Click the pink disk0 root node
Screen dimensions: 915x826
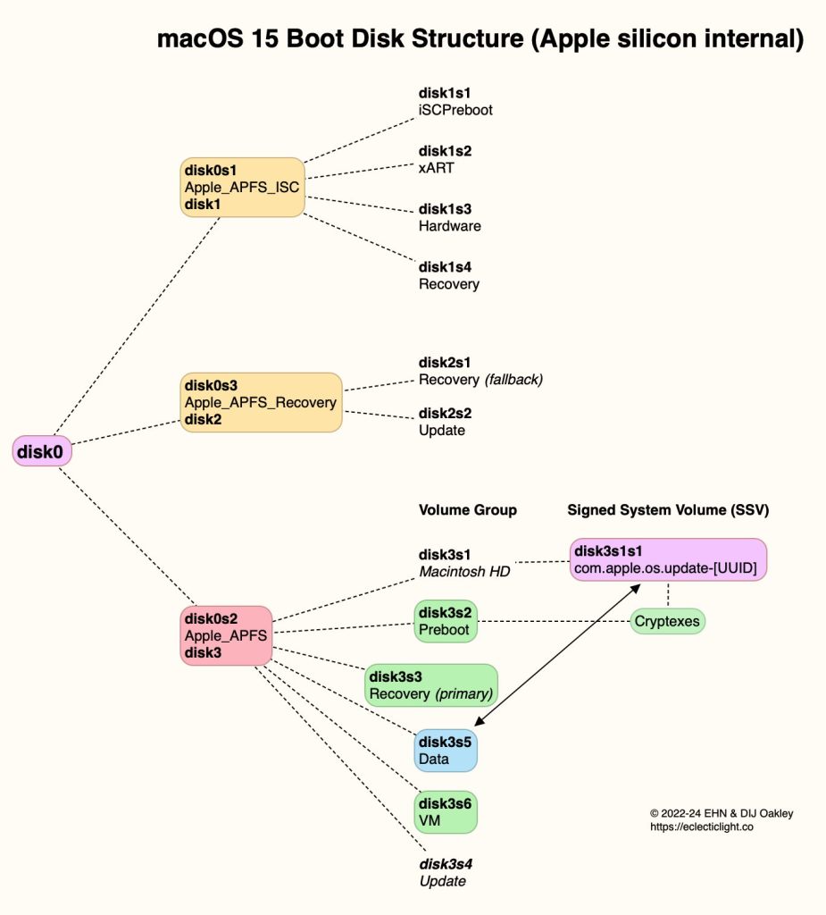(x=42, y=452)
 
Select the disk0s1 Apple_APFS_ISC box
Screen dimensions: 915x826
(x=243, y=187)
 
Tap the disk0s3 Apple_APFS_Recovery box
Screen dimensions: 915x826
(x=262, y=402)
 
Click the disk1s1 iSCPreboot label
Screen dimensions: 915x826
(x=455, y=101)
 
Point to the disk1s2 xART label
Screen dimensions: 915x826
(x=446, y=159)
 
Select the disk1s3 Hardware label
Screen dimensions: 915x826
(x=449, y=217)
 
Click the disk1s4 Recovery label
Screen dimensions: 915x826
(x=448, y=275)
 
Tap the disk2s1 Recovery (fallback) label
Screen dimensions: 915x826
(x=480, y=371)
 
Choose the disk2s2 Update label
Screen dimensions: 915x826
(x=445, y=422)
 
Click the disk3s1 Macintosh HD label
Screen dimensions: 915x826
(x=464, y=562)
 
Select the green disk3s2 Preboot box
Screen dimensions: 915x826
(x=446, y=620)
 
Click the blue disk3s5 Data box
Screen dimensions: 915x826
(x=446, y=751)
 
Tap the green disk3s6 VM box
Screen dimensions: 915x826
(x=446, y=810)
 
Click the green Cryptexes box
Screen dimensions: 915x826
(x=667, y=620)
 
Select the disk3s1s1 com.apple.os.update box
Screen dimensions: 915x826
(x=669, y=559)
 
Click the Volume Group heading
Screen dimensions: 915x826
(x=467, y=510)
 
